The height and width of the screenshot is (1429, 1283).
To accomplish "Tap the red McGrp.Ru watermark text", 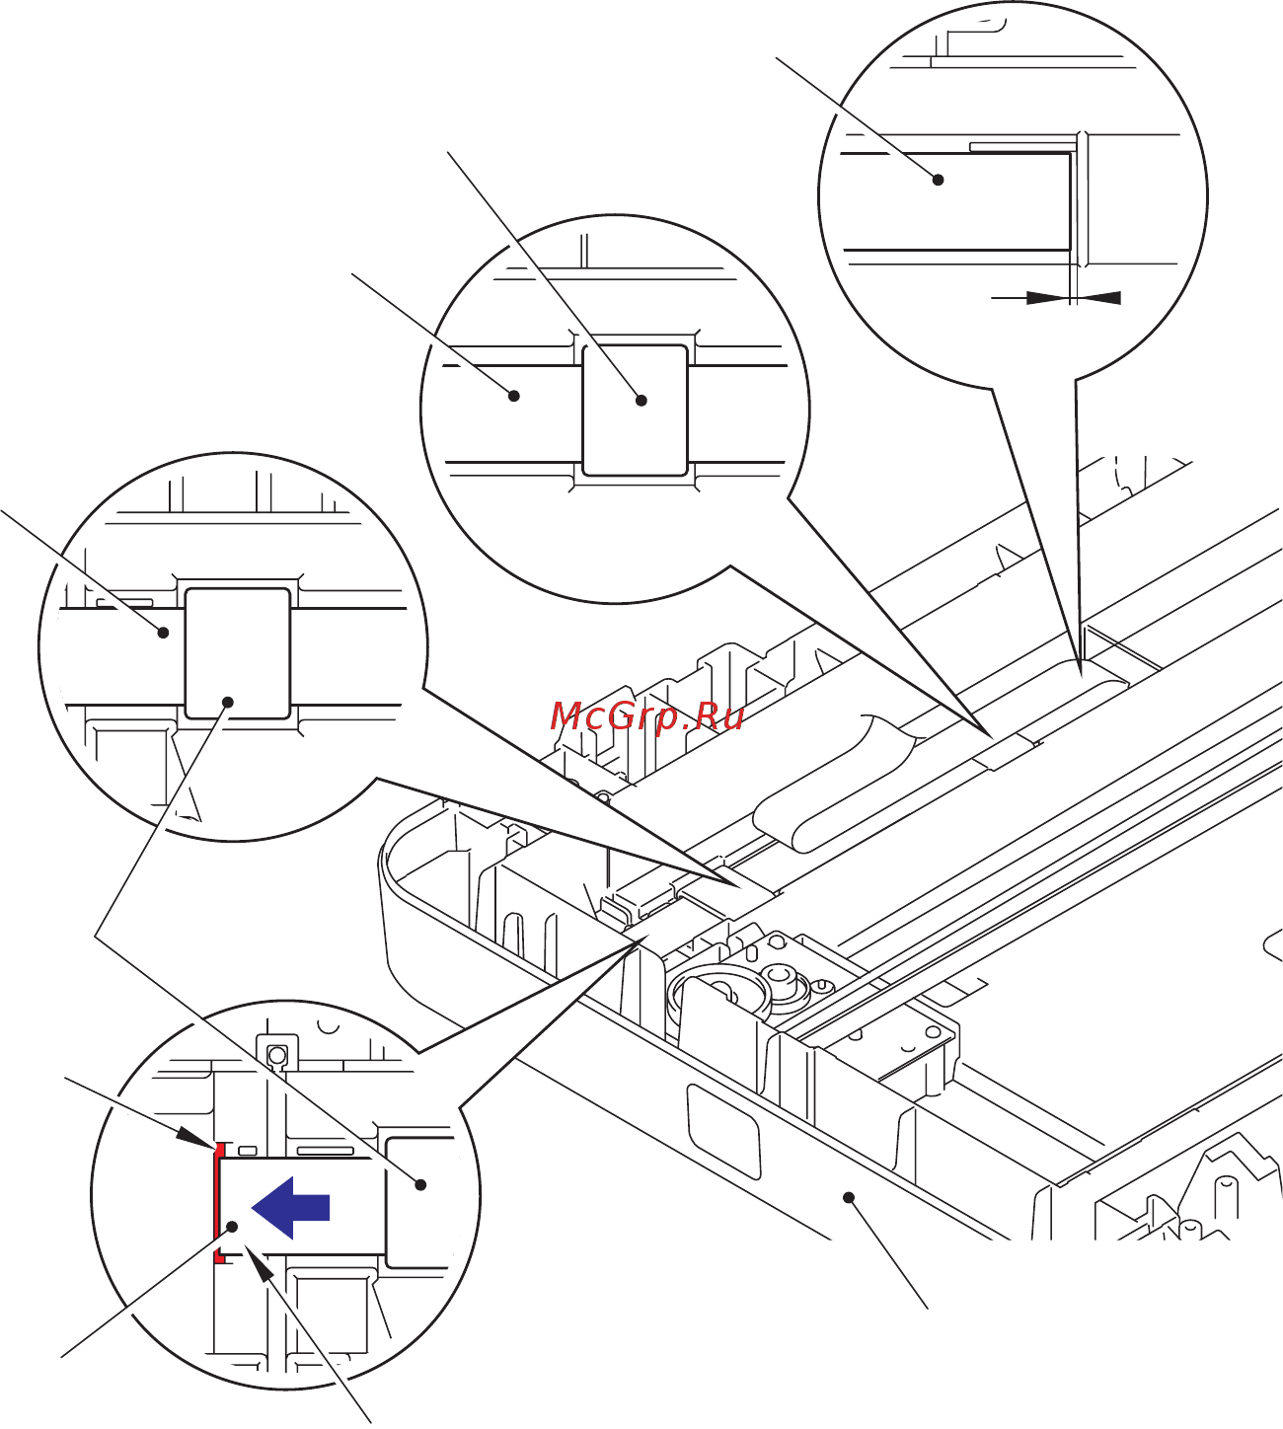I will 646,715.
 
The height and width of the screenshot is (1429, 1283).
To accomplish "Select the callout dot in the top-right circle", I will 938,180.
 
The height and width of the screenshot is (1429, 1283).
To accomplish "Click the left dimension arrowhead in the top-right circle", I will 1046,297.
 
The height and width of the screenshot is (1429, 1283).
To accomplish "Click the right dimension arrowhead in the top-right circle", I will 1102,297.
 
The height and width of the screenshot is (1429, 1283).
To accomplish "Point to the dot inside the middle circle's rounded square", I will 641,400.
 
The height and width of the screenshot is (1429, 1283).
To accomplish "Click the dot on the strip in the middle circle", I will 513,396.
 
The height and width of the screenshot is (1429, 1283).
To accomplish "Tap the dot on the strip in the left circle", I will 164,633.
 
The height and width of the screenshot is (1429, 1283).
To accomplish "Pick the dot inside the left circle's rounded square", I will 228,702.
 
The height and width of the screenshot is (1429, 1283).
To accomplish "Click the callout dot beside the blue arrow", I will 234,1227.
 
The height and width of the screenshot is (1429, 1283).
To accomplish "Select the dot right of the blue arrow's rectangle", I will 420,1184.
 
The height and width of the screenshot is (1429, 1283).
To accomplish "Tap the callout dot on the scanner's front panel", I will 848,1197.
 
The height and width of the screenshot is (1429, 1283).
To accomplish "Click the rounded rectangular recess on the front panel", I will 724,1130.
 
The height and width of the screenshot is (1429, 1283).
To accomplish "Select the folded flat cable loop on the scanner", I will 834,779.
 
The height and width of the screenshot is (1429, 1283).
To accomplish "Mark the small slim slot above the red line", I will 248,1151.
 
